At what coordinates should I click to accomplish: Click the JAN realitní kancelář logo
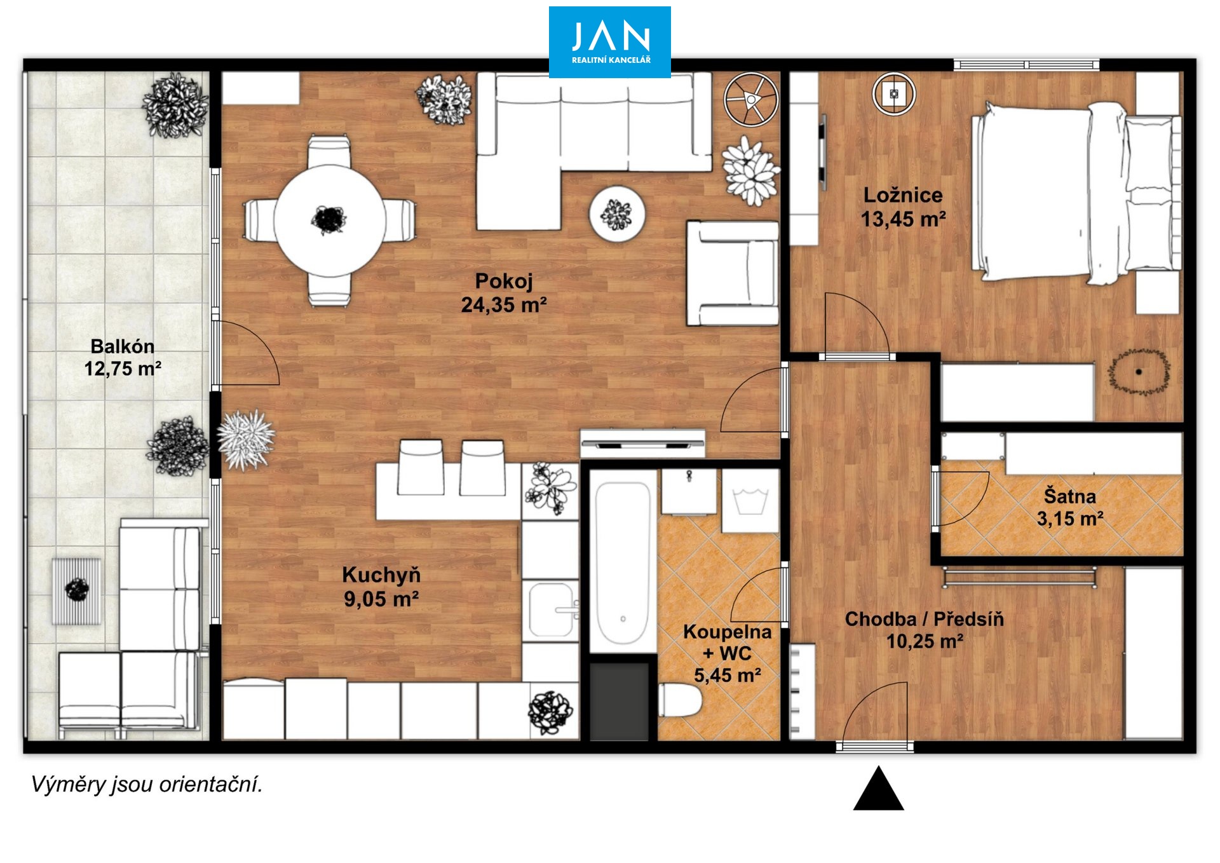(x=609, y=42)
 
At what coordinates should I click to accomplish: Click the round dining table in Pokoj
(x=329, y=220)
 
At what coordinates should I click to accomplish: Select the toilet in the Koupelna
(x=679, y=700)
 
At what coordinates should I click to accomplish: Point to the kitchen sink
(x=552, y=609)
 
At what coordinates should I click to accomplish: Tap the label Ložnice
(x=903, y=194)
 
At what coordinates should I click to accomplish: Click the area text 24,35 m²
(x=504, y=304)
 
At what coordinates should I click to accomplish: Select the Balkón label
(x=123, y=346)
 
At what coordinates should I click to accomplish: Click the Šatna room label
(x=1070, y=496)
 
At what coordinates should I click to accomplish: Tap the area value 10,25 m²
(x=925, y=641)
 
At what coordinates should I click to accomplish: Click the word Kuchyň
(x=381, y=574)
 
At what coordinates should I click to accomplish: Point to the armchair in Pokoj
(x=733, y=273)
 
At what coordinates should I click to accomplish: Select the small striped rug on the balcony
(x=76, y=591)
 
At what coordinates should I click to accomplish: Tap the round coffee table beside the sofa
(x=617, y=214)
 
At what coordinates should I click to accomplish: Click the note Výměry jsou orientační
(x=147, y=785)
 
